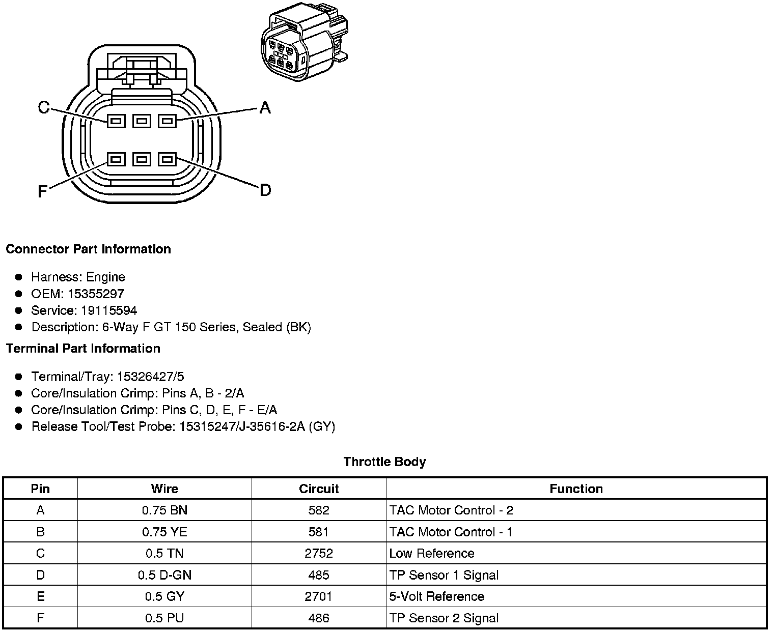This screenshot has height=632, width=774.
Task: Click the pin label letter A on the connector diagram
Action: [x=265, y=107]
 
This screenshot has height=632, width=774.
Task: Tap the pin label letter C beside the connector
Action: [x=44, y=107]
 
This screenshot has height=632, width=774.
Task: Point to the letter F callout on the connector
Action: [x=43, y=191]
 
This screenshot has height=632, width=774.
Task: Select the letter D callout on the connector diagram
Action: [x=265, y=190]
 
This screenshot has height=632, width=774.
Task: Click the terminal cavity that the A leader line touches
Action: [x=167, y=121]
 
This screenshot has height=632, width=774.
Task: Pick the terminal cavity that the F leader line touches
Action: [x=116, y=159]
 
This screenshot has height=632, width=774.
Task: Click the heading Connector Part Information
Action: [x=88, y=249]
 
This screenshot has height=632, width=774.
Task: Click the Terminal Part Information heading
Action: [x=83, y=348]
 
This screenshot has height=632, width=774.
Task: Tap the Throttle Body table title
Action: [x=384, y=462]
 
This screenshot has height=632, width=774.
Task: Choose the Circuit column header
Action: [x=319, y=489]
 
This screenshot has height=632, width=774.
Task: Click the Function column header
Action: [x=576, y=489]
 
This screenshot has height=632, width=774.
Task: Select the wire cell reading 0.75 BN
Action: [x=164, y=510]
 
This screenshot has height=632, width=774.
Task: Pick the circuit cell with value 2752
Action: [x=319, y=553]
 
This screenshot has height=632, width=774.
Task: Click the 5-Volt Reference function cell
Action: [x=436, y=596]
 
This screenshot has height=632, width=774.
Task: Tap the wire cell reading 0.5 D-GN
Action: [x=164, y=575]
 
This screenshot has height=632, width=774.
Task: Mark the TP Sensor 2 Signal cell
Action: [x=444, y=618]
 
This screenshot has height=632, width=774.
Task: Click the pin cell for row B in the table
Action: [x=40, y=532]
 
